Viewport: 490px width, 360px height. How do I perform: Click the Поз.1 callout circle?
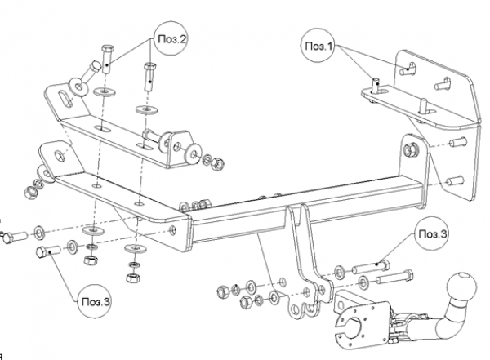[x=318, y=46]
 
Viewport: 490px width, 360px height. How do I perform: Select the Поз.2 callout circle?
[x=171, y=38]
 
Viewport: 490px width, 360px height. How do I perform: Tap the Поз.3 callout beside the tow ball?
[x=433, y=233]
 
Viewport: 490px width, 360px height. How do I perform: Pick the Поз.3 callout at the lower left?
[x=96, y=301]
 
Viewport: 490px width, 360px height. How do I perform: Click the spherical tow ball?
[x=461, y=287]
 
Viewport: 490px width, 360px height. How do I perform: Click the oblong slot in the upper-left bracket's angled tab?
[x=65, y=99]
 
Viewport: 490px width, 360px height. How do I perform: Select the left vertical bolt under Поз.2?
[x=107, y=59]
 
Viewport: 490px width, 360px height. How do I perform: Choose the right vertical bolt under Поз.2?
[x=150, y=77]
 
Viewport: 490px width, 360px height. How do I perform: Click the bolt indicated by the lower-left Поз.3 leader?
[x=48, y=251]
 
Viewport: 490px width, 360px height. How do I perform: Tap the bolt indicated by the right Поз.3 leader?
[x=372, y=268]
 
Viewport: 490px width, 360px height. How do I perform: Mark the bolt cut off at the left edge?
[x=15, y=237]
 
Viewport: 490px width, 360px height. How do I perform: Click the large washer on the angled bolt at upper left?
[x=78, y=87]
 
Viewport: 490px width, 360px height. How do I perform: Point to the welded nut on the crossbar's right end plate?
[x=411, y=149]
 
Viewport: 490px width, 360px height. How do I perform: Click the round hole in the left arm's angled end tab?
[x=60, y=156]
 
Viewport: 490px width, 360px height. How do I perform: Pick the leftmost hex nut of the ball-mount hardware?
[x=223, y=291]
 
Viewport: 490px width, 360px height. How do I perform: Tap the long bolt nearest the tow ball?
[x=394, y=278]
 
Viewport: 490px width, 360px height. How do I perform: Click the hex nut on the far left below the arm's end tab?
[x=31, y=193]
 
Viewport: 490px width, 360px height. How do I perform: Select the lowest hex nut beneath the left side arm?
[x=132, y=278]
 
